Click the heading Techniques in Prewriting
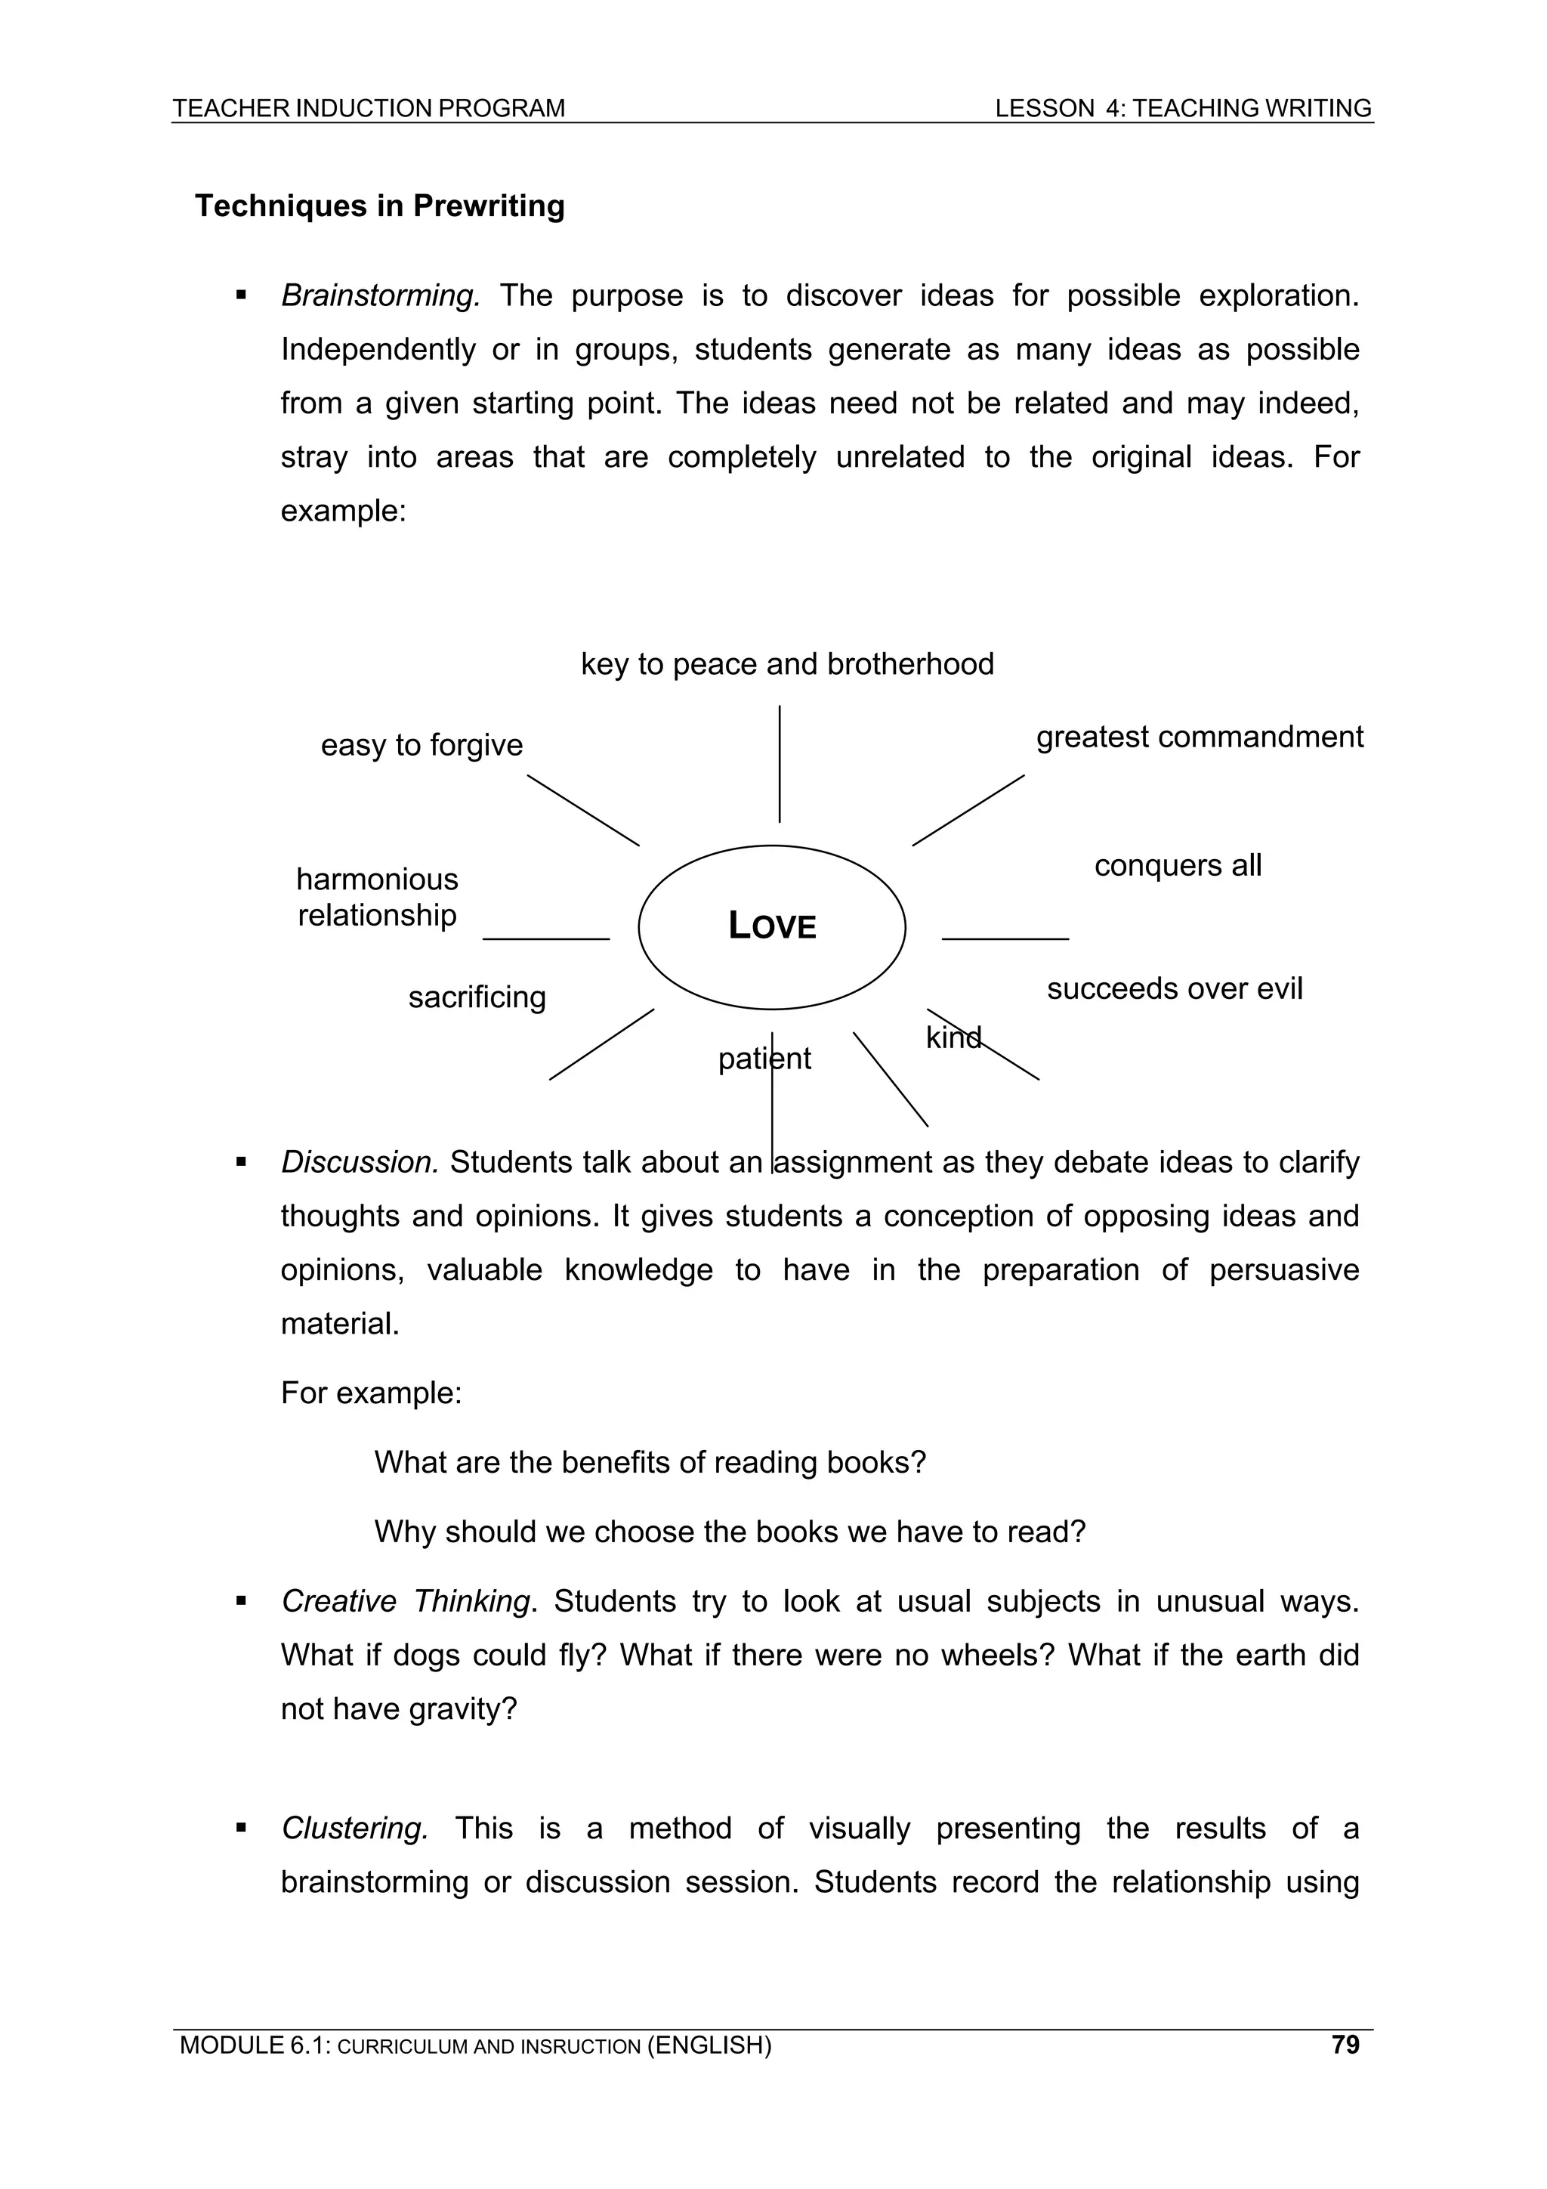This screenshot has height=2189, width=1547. pyautogui.click(x=379, y=206)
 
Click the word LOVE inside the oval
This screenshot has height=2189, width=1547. pyautogui.click(x=772, y=926)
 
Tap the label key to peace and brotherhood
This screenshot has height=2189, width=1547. pyautogui.click(x=787, y=663)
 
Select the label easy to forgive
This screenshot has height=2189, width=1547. pyautogui.click(x=421, y=744)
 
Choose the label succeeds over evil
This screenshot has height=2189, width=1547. pyautogui.click(x=1175, y=988)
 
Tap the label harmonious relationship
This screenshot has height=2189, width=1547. pyautogui.click(x=378, y=896)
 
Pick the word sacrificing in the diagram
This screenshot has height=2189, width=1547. pyautogui.click(x=477, y=997)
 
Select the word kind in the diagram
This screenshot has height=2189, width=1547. pyautogui.click(x=953, y=1037)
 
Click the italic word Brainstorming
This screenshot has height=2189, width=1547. pyautogui.click(x=379, y=295)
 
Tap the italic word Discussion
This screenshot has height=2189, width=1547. pyautogui.click(x=360, y=1162)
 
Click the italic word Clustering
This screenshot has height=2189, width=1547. pyautogui.click(x=354, y=1828)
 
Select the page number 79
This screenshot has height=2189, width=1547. pyautogui.click(x=1345, y=2044)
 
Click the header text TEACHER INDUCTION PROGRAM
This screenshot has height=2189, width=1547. pyautogui.click(x=369, y=109)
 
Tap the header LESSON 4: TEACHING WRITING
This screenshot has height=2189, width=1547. pyautogui.click(x=1183, y=109)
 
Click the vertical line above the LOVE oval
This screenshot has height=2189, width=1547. pyautogui.click(x=780, y=762)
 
